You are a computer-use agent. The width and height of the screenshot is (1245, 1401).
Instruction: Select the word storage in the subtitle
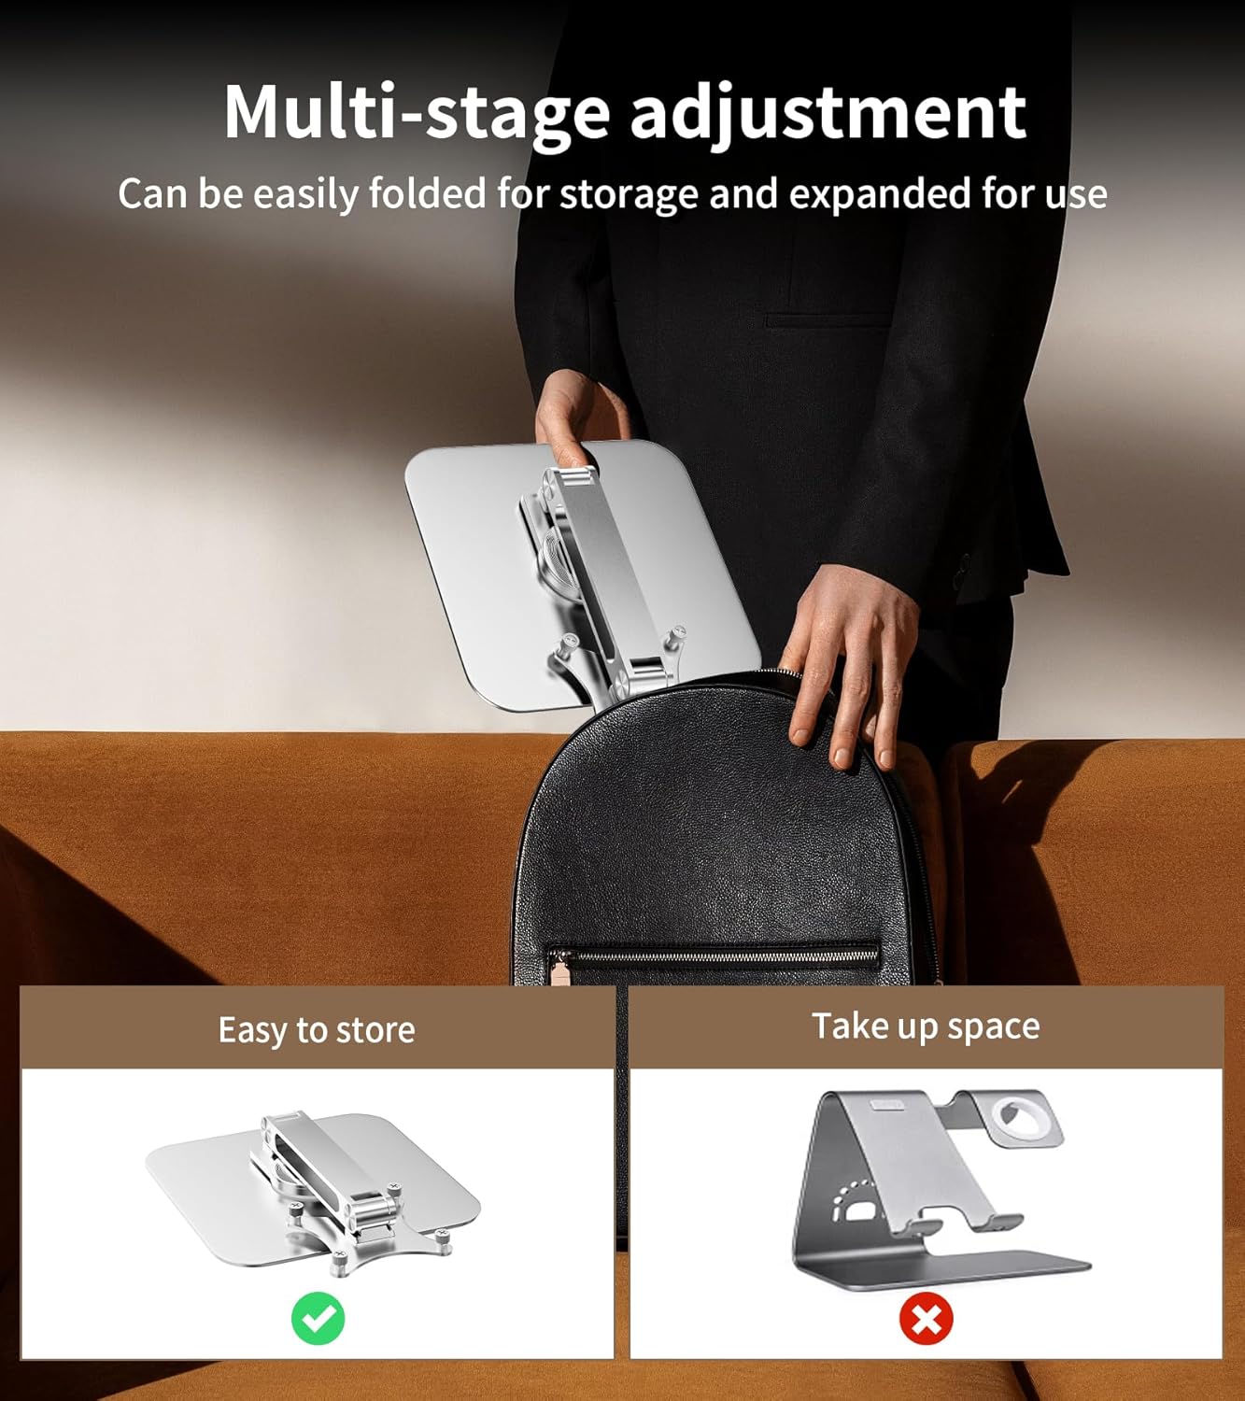(x=630, y=194)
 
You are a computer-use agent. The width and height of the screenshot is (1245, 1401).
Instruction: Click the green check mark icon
(x=318, y=1318)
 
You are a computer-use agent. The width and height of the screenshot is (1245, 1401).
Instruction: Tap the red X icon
(x=926, y=1319)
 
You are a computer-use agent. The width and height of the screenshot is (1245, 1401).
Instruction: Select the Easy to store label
(x=317, y=1029)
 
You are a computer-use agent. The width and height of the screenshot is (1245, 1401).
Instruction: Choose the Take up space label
(x=926, y=1026)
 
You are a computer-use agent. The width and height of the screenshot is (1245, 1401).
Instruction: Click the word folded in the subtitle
(x=427, y=194)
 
